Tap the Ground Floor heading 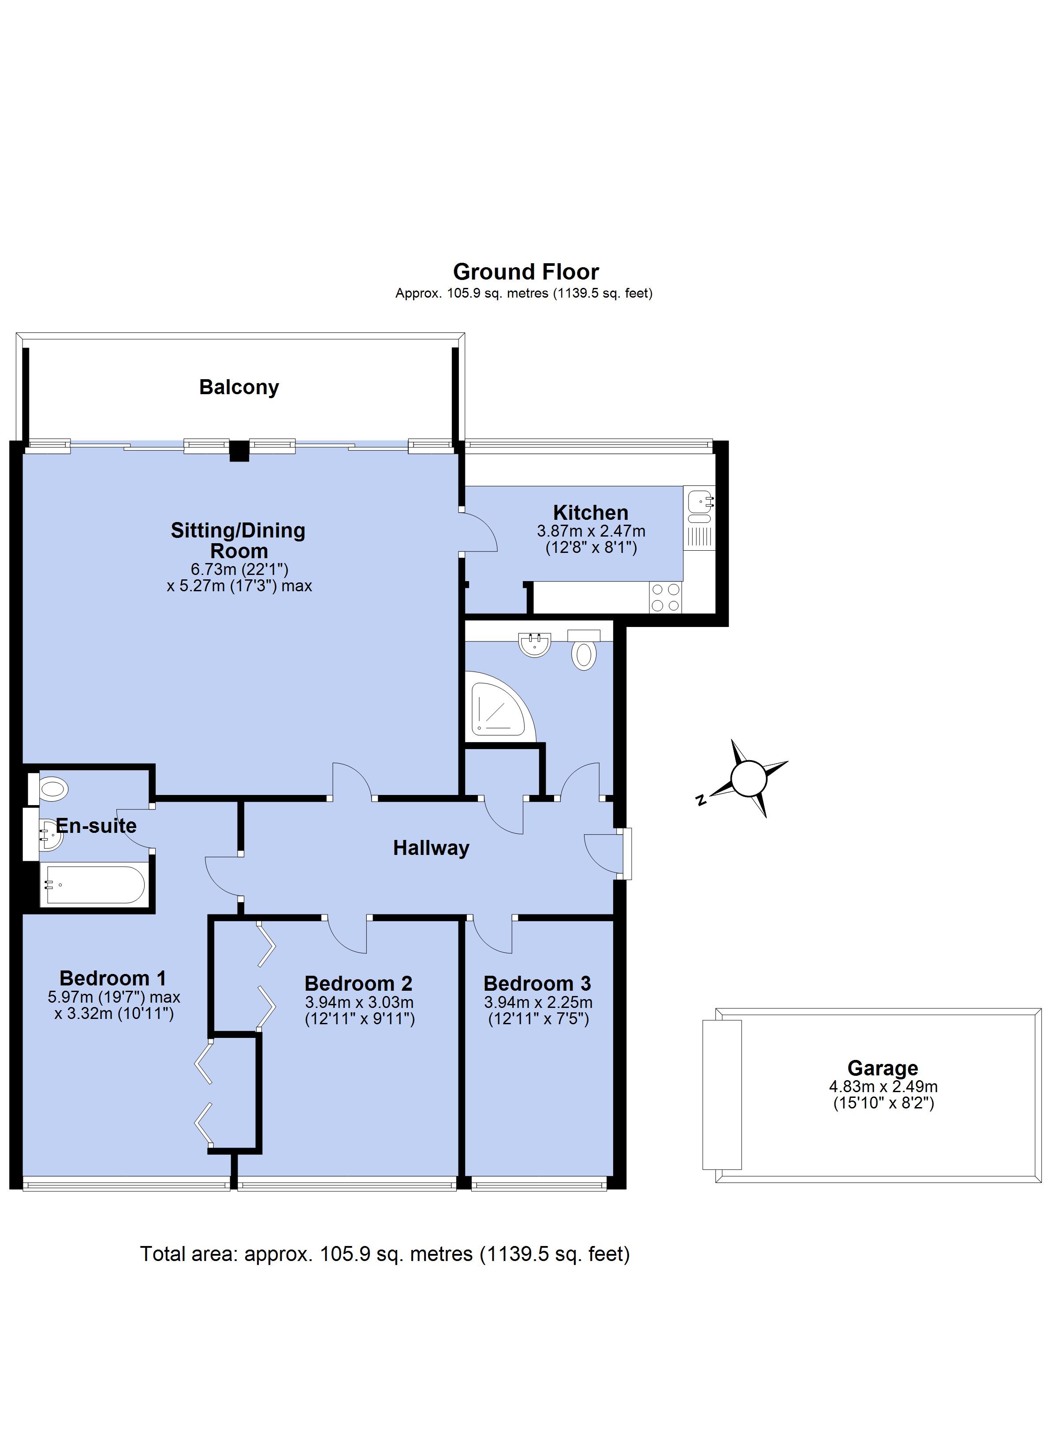click(526, 272)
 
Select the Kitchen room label click(591, 513)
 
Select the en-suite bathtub click(93, 885)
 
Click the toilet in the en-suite click(48, 788)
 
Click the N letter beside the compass click(701, 799)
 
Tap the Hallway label click(431, 848)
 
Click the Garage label click(883, 1068)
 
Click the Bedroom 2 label click(359, 984)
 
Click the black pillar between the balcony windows click(239, 451)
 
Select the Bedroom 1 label click(113, 978)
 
